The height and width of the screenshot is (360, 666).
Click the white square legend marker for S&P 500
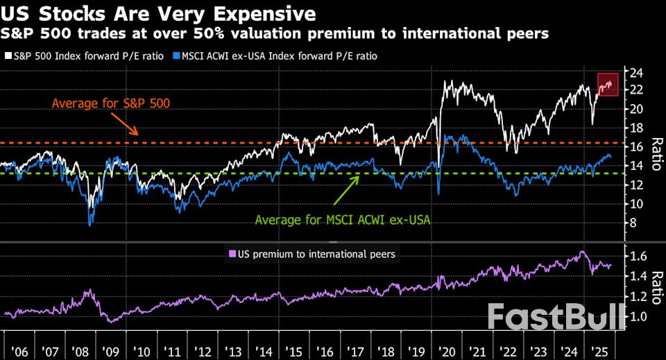pyautogui.click(x=8, y=55)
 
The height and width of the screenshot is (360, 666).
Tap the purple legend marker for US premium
pyautogui.click(x=232, y=255)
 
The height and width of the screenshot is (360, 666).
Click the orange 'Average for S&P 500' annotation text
pyautogui.click(x=111, y=103)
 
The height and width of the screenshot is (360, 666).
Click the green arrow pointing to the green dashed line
pyautogui.click(x=347, y=191)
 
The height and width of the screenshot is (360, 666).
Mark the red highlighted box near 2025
pyautogui.click(x=608, y=84)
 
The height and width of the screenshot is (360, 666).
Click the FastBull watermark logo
pyautogui.click(x=554, y=317)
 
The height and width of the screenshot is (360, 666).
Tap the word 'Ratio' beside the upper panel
pyautogui.click(x=655, y=154)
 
